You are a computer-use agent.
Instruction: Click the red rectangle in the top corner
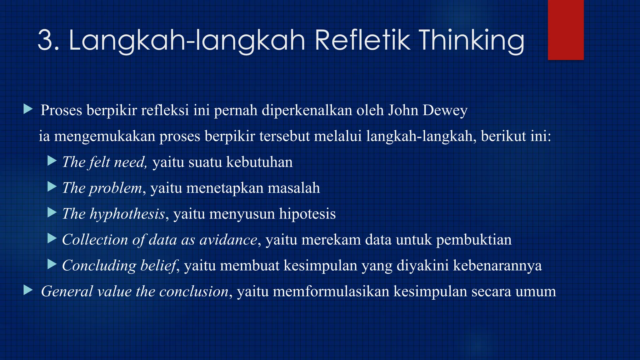(x=566, y=30)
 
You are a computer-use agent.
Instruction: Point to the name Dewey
(x=445, y=110)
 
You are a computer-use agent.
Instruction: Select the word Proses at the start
(x=61, y=110)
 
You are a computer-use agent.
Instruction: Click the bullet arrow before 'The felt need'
(x=52, y=161)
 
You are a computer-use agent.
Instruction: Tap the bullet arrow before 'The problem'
(x=52, y=187)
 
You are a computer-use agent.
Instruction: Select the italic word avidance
(x=228, y=240)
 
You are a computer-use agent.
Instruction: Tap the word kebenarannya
(x=497, y=266)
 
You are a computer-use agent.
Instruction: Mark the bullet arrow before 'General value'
(x=28, y=291)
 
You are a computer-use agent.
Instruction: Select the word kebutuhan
(x=259, y=162)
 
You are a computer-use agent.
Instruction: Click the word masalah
(x=294, y=188)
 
